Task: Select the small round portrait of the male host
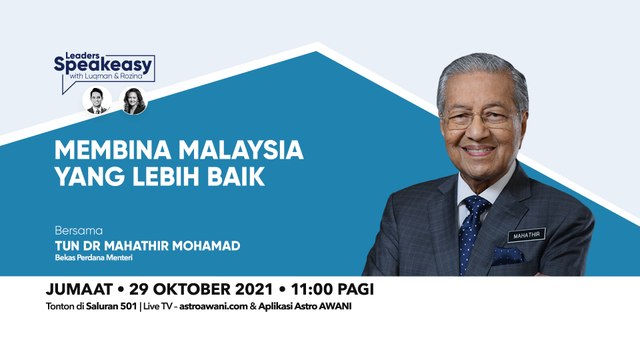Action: point(95,100)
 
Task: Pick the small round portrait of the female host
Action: point(132,100)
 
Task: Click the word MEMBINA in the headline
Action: point(104,153)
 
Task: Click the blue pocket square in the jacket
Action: point(507,255)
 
